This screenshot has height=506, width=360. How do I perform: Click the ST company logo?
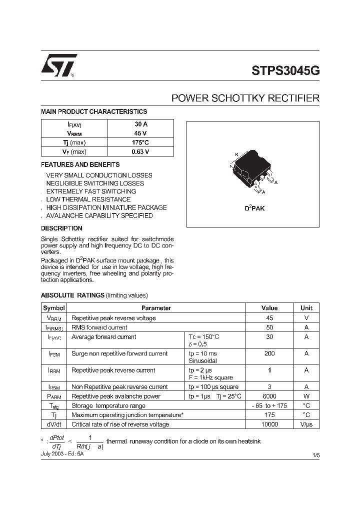point(58,65)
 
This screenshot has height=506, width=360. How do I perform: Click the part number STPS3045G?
point(285,70)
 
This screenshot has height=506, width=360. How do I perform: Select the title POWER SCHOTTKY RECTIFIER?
point(245,98)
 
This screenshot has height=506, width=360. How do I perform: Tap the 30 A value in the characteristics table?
point(141,124)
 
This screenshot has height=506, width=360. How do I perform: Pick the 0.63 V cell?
point(141,151)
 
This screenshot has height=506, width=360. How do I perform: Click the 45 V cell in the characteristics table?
point(141,133)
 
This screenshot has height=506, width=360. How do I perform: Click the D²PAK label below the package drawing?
point(254,208)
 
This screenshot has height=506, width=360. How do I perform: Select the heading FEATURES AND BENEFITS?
point(80,164)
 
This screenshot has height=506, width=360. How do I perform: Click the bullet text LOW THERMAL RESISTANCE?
point(88,199)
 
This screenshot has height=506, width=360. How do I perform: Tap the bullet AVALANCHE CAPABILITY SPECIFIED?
point(99,215)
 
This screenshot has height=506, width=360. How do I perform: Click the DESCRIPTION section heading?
point(61,228)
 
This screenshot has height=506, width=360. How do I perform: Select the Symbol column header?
point(53,308)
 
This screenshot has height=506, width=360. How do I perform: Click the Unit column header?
point(306,308)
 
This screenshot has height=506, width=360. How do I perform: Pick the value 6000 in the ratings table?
point(269,396)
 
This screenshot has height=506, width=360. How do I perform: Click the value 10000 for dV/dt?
point(269,424)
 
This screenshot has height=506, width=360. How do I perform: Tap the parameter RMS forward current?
point(99,327)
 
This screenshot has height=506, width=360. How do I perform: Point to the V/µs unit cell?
point(306,424)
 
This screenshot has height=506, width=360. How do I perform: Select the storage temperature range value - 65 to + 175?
point(269,405)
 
